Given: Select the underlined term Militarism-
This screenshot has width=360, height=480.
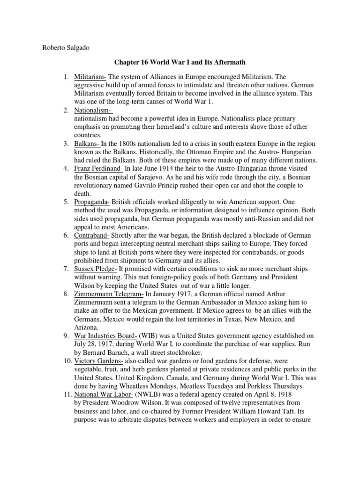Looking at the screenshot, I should point(90,76).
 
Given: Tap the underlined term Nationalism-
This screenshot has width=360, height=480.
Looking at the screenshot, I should point(93,110).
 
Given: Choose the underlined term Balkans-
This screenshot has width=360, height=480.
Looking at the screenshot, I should point(87,144).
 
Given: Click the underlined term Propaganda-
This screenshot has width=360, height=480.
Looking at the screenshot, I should point(92,202).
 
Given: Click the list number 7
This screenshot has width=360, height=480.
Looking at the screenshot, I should point(67,269).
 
